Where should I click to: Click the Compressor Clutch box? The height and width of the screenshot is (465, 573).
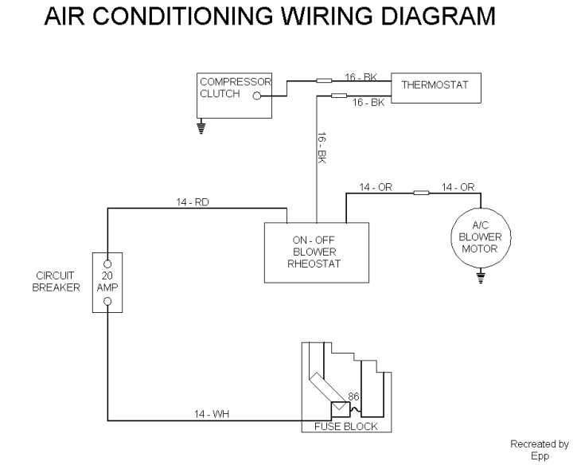(235, 95)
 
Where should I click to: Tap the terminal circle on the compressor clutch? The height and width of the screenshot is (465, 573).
(256, 96)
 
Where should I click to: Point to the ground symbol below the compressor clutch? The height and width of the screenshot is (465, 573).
(201, 126)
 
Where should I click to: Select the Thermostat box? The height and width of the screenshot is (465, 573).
(435, 86)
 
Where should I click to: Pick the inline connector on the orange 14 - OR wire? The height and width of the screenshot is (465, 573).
(422, 192)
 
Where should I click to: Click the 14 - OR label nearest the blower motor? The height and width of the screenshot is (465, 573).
(458, 187)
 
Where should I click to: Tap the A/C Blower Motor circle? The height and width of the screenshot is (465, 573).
(480, 237)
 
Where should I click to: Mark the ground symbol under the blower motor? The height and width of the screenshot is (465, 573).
(480, 277)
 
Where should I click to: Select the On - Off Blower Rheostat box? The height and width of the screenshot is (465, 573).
(317, 252)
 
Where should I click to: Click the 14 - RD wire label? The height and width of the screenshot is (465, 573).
(193, 202)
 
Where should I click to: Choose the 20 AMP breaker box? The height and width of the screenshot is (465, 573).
(107, 283)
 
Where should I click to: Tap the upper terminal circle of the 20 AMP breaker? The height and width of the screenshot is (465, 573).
(107, 263)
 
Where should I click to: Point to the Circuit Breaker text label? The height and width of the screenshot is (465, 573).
(56, 282)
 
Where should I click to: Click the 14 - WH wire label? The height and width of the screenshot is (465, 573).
(212, 413)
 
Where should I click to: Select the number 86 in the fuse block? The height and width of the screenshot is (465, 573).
(354, 395)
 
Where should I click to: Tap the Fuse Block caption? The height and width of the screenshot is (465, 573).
(340, 427)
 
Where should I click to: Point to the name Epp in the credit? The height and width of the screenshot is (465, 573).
(540, 457)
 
